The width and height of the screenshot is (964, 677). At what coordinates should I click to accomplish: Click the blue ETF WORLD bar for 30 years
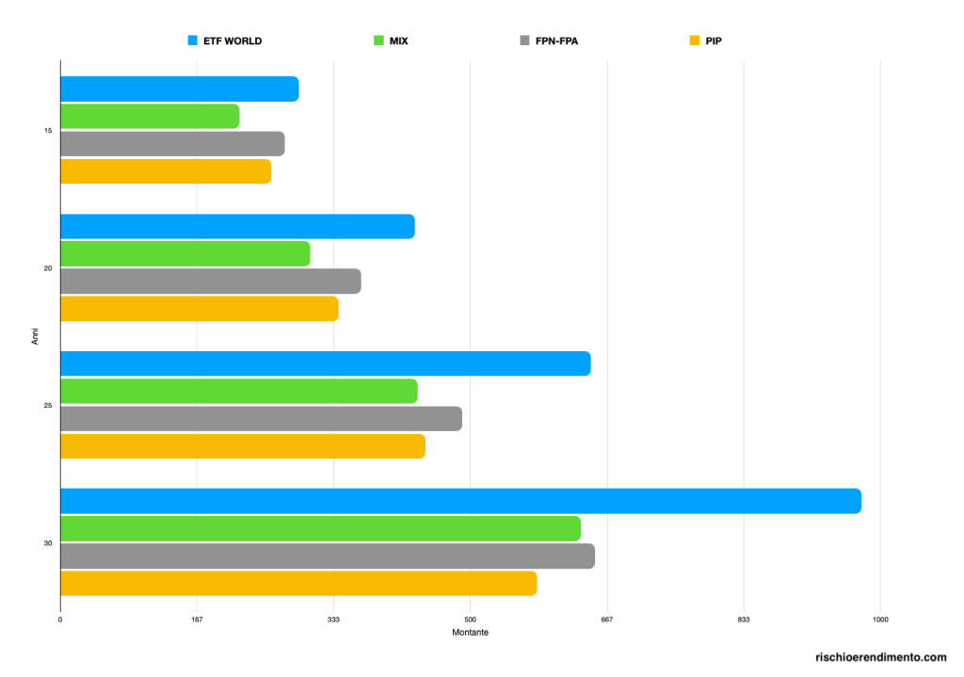tap(460, 501)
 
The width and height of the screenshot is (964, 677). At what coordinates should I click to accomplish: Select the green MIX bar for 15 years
tap(150, 116)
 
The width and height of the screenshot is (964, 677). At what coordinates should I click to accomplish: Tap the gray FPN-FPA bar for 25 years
tap(261, 419)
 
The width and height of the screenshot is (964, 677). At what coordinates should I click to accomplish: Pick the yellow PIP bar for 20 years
tap(199, 309)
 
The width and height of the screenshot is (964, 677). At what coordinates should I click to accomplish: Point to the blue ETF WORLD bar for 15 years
tap(179, 89)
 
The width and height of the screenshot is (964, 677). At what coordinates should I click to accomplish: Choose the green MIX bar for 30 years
tap(320, 528)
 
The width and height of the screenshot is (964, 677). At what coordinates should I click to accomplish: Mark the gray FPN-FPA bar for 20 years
tap(210, 282)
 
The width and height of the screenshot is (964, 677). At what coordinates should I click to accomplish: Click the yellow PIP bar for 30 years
tap(298, 583)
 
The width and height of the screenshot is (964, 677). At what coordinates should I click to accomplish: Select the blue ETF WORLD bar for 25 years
tap(325, 363)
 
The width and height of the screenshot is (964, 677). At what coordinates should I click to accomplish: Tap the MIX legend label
tap(398, 41)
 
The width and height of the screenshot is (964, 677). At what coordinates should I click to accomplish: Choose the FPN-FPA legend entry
tap(555, 41)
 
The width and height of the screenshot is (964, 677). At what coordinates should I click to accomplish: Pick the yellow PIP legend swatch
tap(695, 41)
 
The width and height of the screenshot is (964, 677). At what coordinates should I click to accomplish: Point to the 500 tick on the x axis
tap(470, 620)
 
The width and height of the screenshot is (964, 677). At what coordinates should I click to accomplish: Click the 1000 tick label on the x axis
tap(880, 620)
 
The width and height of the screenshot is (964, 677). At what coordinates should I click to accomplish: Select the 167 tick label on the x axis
tap(197, 620)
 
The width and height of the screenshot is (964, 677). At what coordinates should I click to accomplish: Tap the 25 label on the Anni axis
tap(47, 406)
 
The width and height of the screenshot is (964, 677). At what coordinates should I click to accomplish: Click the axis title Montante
tap(470, 633)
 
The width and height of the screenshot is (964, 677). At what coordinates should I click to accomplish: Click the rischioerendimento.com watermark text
tap(881, 657)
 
